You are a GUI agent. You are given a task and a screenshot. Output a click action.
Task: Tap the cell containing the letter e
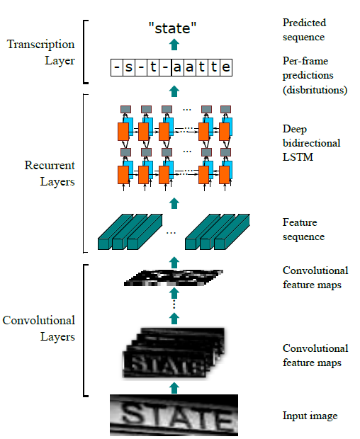pyautogui.click(x=225, y=68)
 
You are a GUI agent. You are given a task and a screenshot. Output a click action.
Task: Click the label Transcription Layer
pyautogui.click(x=40, y=52)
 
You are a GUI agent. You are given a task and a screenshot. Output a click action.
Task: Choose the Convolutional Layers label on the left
pyautogui.click(x=38, y=329)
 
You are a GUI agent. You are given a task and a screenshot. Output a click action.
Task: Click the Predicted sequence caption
pyautogui.click(x=305, y=30)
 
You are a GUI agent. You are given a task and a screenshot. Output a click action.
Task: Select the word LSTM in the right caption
pyautogui.click(x=297, y=156)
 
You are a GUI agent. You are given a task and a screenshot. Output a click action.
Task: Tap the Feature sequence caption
pyautogui.click(x=303, y=229)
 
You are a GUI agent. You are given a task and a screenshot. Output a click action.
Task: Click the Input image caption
pyautogui.click(x=310, y=416)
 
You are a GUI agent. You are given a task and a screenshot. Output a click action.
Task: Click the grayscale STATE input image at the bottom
pyautogui.click(x=173, y=415)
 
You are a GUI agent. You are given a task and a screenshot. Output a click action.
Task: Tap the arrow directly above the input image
pyautogui.click(x=173, y=387)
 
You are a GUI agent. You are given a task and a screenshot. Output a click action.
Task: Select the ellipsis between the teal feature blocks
pyautogui.click(x=171, y=232)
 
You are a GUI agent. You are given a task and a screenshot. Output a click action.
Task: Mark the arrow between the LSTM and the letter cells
pyautogui.click(x=173, y=90)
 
